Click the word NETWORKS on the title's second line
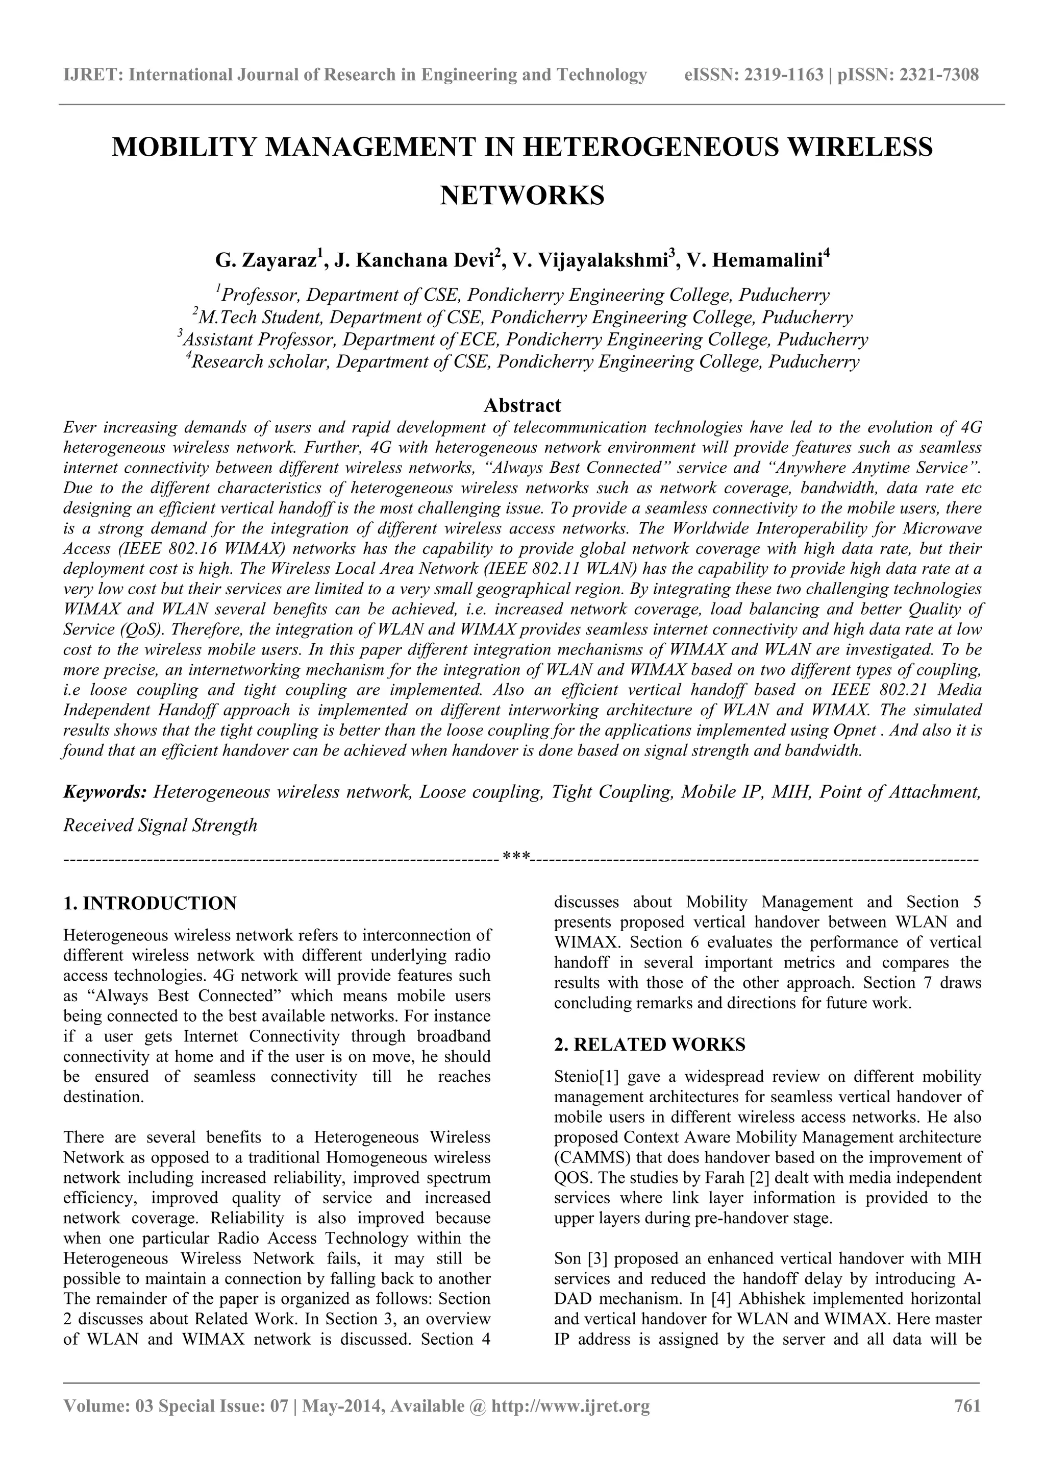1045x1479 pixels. click(522, 195)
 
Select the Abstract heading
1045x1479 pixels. click(522, 405)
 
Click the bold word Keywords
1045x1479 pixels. click(105, 792)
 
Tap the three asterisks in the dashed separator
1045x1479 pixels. click(516, 857)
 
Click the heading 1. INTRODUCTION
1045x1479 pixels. click(150, 903)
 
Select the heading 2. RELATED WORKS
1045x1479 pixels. click(650, 1045)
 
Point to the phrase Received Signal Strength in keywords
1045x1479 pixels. click(160, 825)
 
